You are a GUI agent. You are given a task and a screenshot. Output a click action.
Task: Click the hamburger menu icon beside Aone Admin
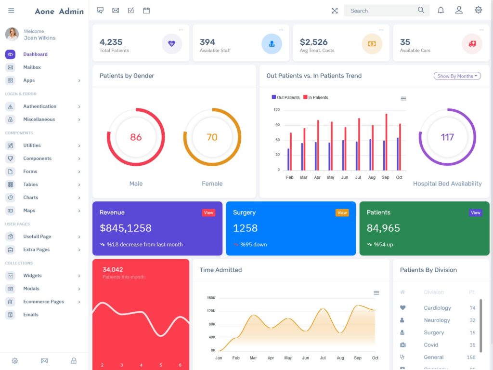pyautogui.click(x=11, y=11)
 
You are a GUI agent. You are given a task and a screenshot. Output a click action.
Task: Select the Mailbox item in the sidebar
pyautogui.click(x=32, y=67)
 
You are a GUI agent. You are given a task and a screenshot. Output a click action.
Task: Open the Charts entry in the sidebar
pyautogui.click(x=30, y=198)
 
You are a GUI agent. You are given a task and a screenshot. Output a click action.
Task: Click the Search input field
pyautogui.click(x=380, y=11)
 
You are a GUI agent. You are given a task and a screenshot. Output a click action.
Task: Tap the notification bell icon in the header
pyautogui.click(x=441, y=10)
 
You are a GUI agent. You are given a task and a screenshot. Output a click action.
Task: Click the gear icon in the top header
pyautogui.click(x=478, y=10)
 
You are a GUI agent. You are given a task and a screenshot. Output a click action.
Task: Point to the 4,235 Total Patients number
pyautogui.click(x=111, y=42)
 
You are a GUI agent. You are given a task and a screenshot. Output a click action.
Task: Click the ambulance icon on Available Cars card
pyautogui.click(x=472, y=44)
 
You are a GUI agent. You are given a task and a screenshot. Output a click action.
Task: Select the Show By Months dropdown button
pyautogui.click(x=457, y=76)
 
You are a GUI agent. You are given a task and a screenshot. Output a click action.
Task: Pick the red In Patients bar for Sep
pyautogui.click(x=386, y=142)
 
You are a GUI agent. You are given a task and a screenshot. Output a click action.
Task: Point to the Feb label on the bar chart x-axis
pyautogui.click(x=289, y=177)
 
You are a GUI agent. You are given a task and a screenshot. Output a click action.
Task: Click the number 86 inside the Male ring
pyautogui.click(x=136, y=137)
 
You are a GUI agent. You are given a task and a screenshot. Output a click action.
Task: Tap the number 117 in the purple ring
pyautogui.click(x=447, y=137)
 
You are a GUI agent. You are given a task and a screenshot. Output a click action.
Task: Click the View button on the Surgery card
pyautogui.click(x=342, y=212)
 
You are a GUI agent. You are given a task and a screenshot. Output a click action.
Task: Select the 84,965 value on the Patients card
pyautogui.click(x=383, y=228)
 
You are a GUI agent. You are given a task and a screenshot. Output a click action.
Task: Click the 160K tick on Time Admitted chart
pyautogui.click(x=211, y=298)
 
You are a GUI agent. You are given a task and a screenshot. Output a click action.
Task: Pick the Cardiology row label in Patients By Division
pyautogui.click(x=437, y=308)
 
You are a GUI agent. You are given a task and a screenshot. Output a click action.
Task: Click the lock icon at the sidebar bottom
pyautogui.click(x=74, y=361)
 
